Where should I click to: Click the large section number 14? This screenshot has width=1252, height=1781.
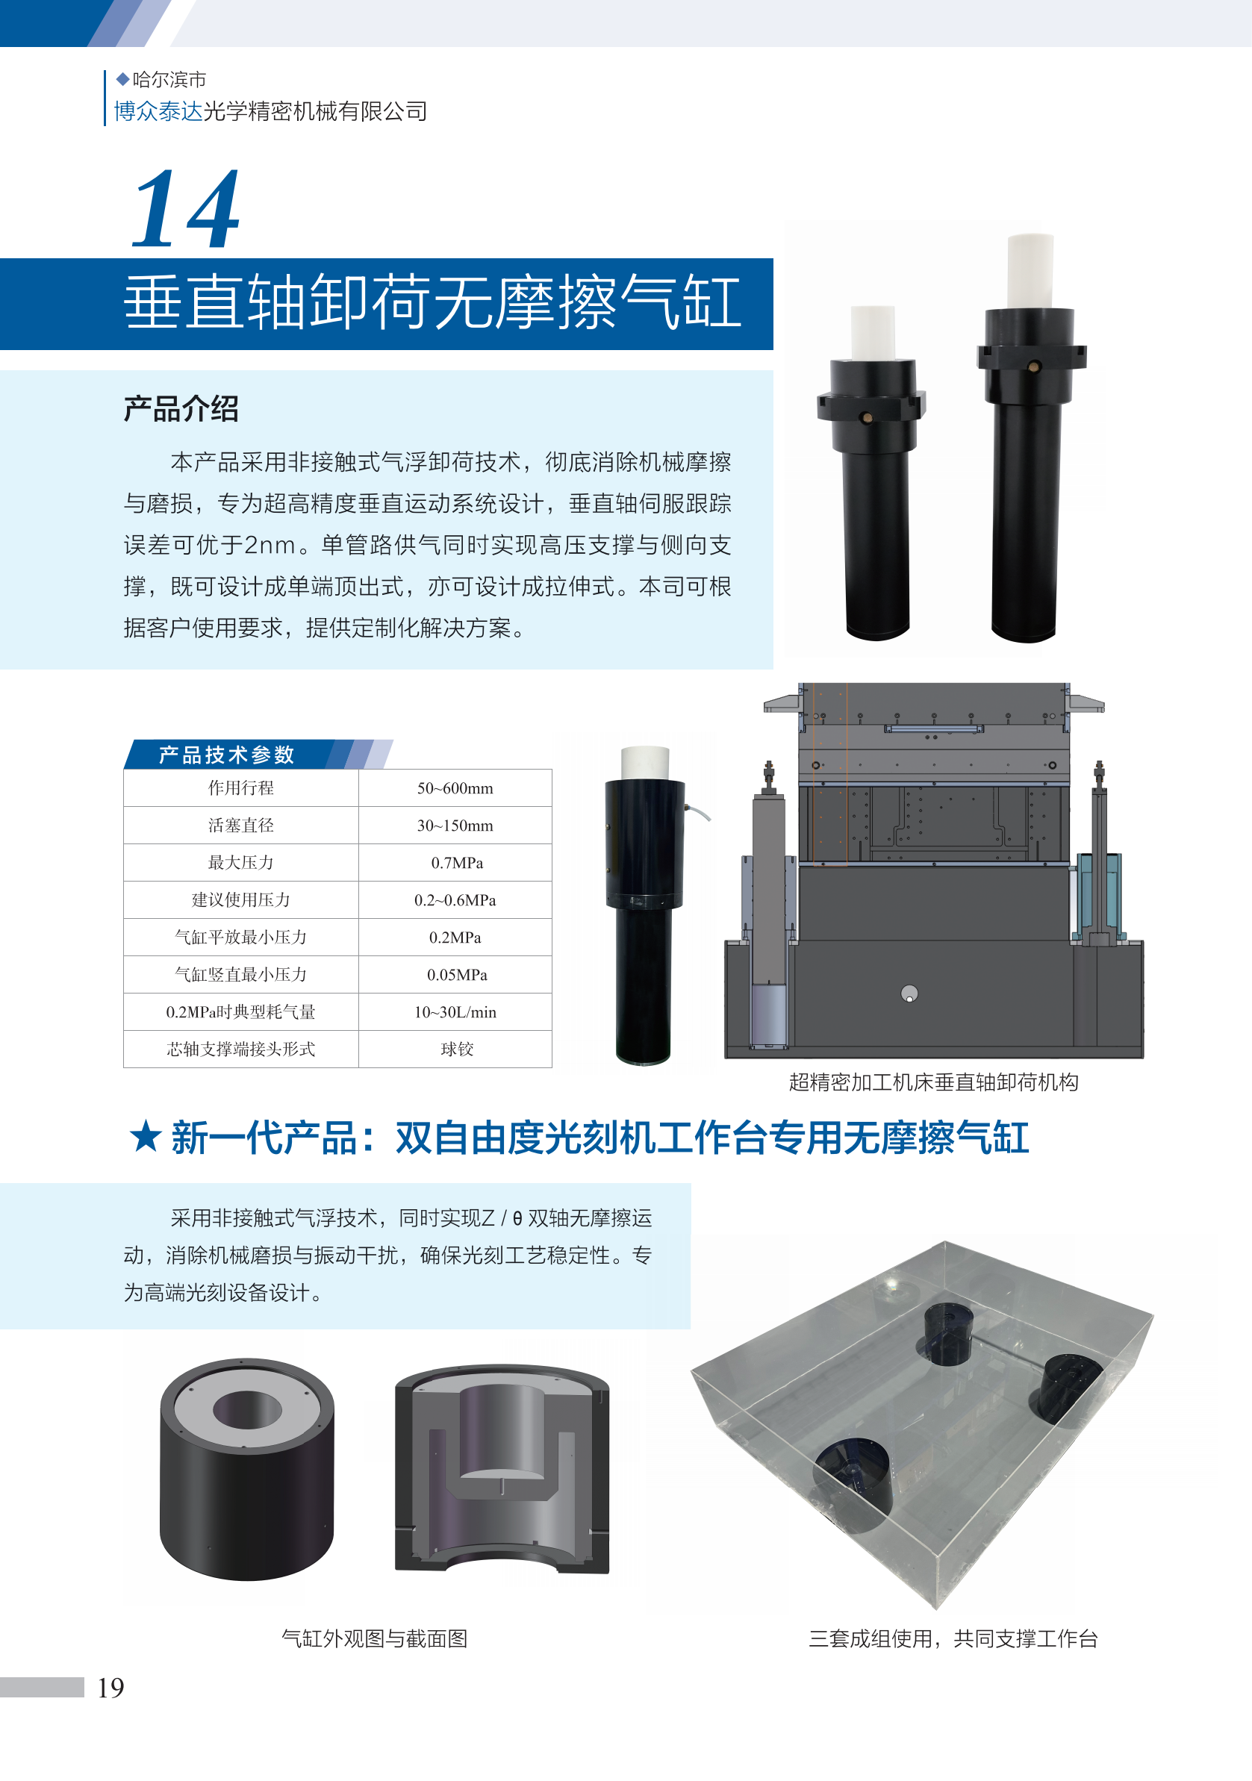(185, 210)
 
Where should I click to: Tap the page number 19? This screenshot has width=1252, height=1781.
(110, 1688)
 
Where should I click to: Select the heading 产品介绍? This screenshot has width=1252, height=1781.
(181, 409)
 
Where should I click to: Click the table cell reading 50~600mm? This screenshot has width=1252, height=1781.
(455, 788)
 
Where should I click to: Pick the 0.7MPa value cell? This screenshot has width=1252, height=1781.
(456, 863)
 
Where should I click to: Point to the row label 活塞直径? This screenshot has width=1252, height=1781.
(240, 826)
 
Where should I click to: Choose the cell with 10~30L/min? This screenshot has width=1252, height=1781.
(455, 1011)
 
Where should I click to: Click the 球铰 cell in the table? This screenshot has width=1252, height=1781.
(456, 1049)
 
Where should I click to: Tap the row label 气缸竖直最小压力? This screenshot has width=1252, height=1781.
(240, 974)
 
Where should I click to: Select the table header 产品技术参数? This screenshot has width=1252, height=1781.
(226, 755)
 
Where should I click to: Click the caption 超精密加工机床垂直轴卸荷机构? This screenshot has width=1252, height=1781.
(933, 1082)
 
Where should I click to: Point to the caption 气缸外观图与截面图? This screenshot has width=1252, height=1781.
(374, 1638)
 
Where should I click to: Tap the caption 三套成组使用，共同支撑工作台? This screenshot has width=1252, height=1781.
(953, 1638)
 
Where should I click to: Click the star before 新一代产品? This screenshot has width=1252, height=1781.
(145, 1137)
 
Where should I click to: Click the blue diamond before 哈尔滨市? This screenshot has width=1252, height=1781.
(122, 79)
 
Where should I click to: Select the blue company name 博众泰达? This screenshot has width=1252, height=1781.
(158, 112)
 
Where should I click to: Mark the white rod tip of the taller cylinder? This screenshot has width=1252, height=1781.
(1030, 272)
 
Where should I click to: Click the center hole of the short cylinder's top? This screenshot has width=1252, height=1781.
(246, 1409)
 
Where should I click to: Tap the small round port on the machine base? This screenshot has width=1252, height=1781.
(909, 994)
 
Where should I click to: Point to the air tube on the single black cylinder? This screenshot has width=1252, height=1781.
(698, 811)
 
